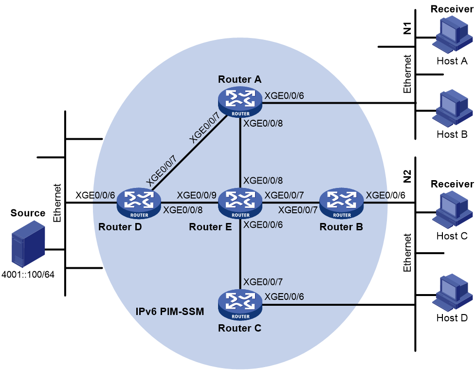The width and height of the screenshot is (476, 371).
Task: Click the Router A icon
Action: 240,102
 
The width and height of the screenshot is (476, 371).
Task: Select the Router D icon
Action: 139,204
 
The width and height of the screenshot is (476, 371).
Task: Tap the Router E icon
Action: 240,204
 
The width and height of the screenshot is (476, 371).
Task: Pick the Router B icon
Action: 342,204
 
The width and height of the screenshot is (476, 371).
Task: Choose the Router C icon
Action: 240,305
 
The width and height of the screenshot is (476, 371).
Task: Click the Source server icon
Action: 28,244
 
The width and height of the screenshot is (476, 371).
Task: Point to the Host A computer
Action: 452,34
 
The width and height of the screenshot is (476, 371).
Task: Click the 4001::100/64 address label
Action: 28,275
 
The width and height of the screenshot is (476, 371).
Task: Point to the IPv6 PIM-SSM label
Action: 170,312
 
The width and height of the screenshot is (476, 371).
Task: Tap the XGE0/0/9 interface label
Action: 197,195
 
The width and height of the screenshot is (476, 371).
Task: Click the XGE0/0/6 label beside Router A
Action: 284,96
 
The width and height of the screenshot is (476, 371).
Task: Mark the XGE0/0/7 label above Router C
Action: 263,282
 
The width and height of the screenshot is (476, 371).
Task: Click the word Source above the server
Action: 28,213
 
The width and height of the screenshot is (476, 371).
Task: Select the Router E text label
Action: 210,227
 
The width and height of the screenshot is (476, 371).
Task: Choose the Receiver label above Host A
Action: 452,9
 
